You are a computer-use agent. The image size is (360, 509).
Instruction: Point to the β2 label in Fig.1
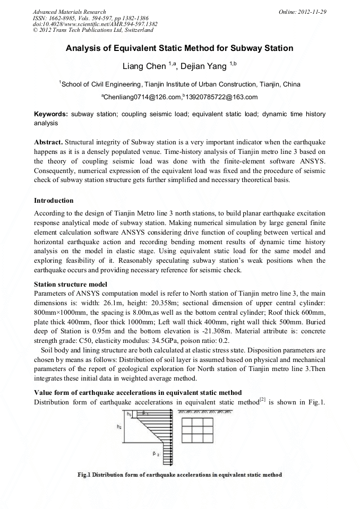[156, 454]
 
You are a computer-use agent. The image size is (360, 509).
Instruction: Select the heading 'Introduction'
[54, 201]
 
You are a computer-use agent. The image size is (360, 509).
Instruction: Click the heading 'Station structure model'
[71, 284]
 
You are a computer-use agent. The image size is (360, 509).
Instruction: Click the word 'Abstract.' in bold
[49, 143]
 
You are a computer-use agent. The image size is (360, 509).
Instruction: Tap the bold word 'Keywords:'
[51, 114]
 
